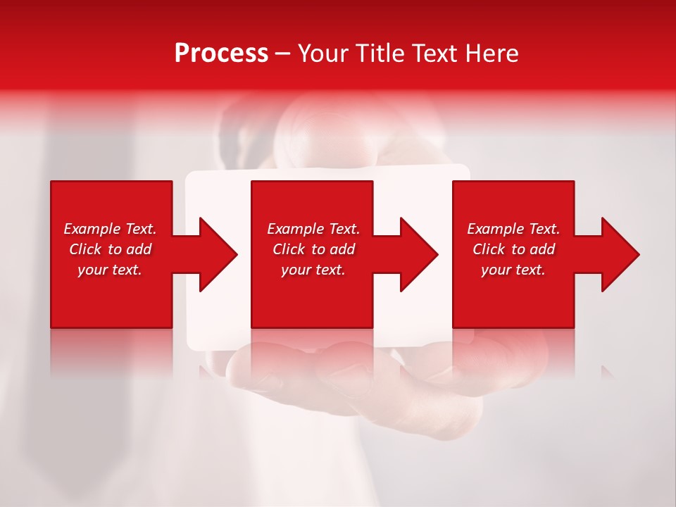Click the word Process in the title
(221, 54)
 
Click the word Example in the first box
(92, 229)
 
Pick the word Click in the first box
(85, 249)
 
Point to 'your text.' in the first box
(110, 270)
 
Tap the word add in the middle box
(342, 249)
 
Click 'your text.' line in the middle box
(313, 270)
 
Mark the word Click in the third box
(489, 249)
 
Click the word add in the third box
(542, 249)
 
